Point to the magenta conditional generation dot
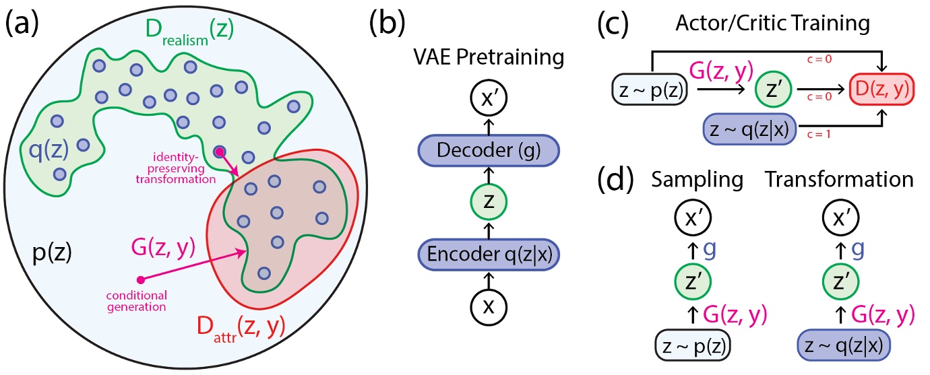coord(139,279)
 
